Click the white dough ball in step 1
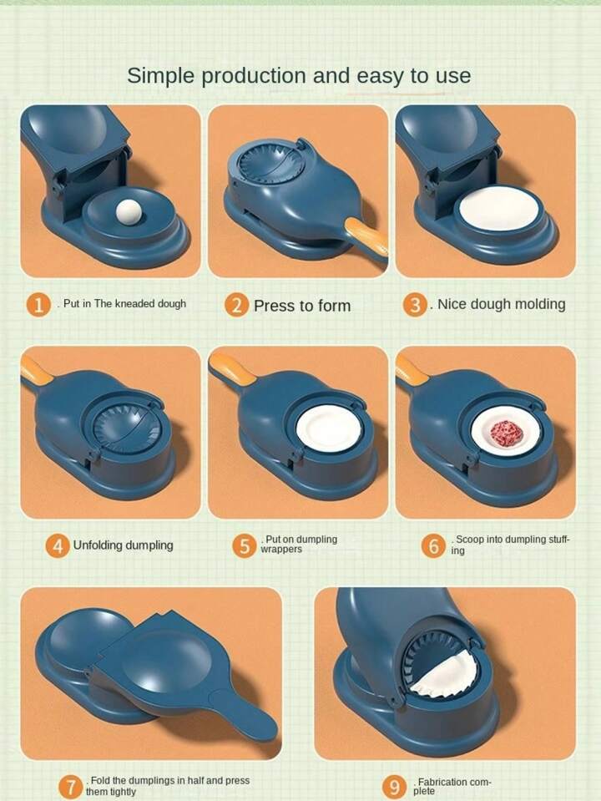[x=129, y=212]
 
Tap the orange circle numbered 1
[x=38, y=305]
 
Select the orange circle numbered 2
[x=236, y=305]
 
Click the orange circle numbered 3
[x=415, y=305]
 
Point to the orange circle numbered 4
[x=58, y=545]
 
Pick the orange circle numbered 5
[x=244, y=545]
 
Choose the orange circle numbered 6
[x=433, y=545]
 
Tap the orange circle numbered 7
[x=71, y=787]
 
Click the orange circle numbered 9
[x=394, y=787]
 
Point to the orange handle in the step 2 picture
[x=366, y=236]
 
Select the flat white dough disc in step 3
[x=499, y=210]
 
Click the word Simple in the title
[x=161, y=76]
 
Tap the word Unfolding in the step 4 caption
[x=98, y=545]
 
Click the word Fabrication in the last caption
[x=442, y=782]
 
